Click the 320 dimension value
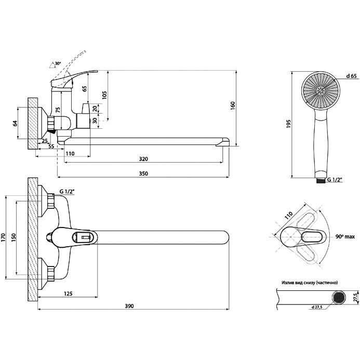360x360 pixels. point(143,159)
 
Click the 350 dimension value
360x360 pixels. point(143,174)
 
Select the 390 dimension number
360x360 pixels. point(129,306)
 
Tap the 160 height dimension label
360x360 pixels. point(233,106)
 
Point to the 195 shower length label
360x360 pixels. point(288,124)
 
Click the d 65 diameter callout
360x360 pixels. point(352,76)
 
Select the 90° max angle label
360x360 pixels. point(345,236)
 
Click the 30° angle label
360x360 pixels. point(58,63)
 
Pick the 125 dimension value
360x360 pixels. point(68,294)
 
